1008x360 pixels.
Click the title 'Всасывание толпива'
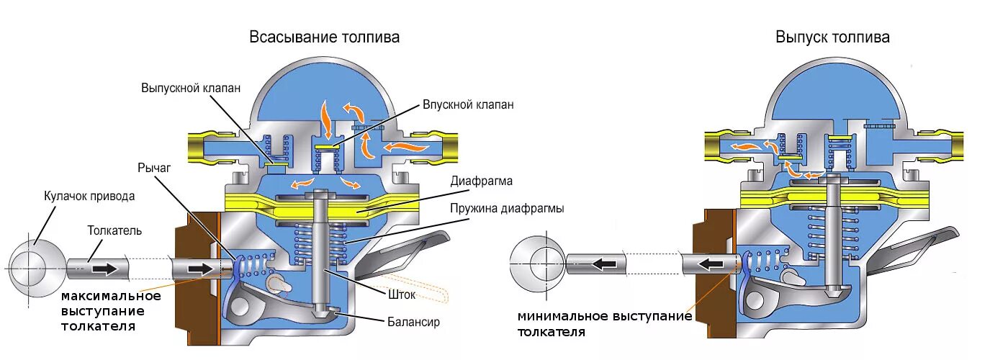pyautogui.click(x=325, y=37)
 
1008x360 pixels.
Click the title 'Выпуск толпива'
pyautogui.click(x=832, y=37)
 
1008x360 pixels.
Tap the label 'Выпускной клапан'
pyautogui.click(x=190, y=87)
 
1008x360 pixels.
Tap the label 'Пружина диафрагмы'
pyautogui.click(x=507, y=209)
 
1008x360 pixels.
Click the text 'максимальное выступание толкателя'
pyautogui.click(x=110, y=311)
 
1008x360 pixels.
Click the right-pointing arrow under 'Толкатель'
pyautogui.click(x=104, y=269)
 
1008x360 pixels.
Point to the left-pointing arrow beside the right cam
pyautogui.click(x=602, y=264)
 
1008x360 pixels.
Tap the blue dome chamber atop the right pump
pyautogui.click(x=834, y=97)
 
